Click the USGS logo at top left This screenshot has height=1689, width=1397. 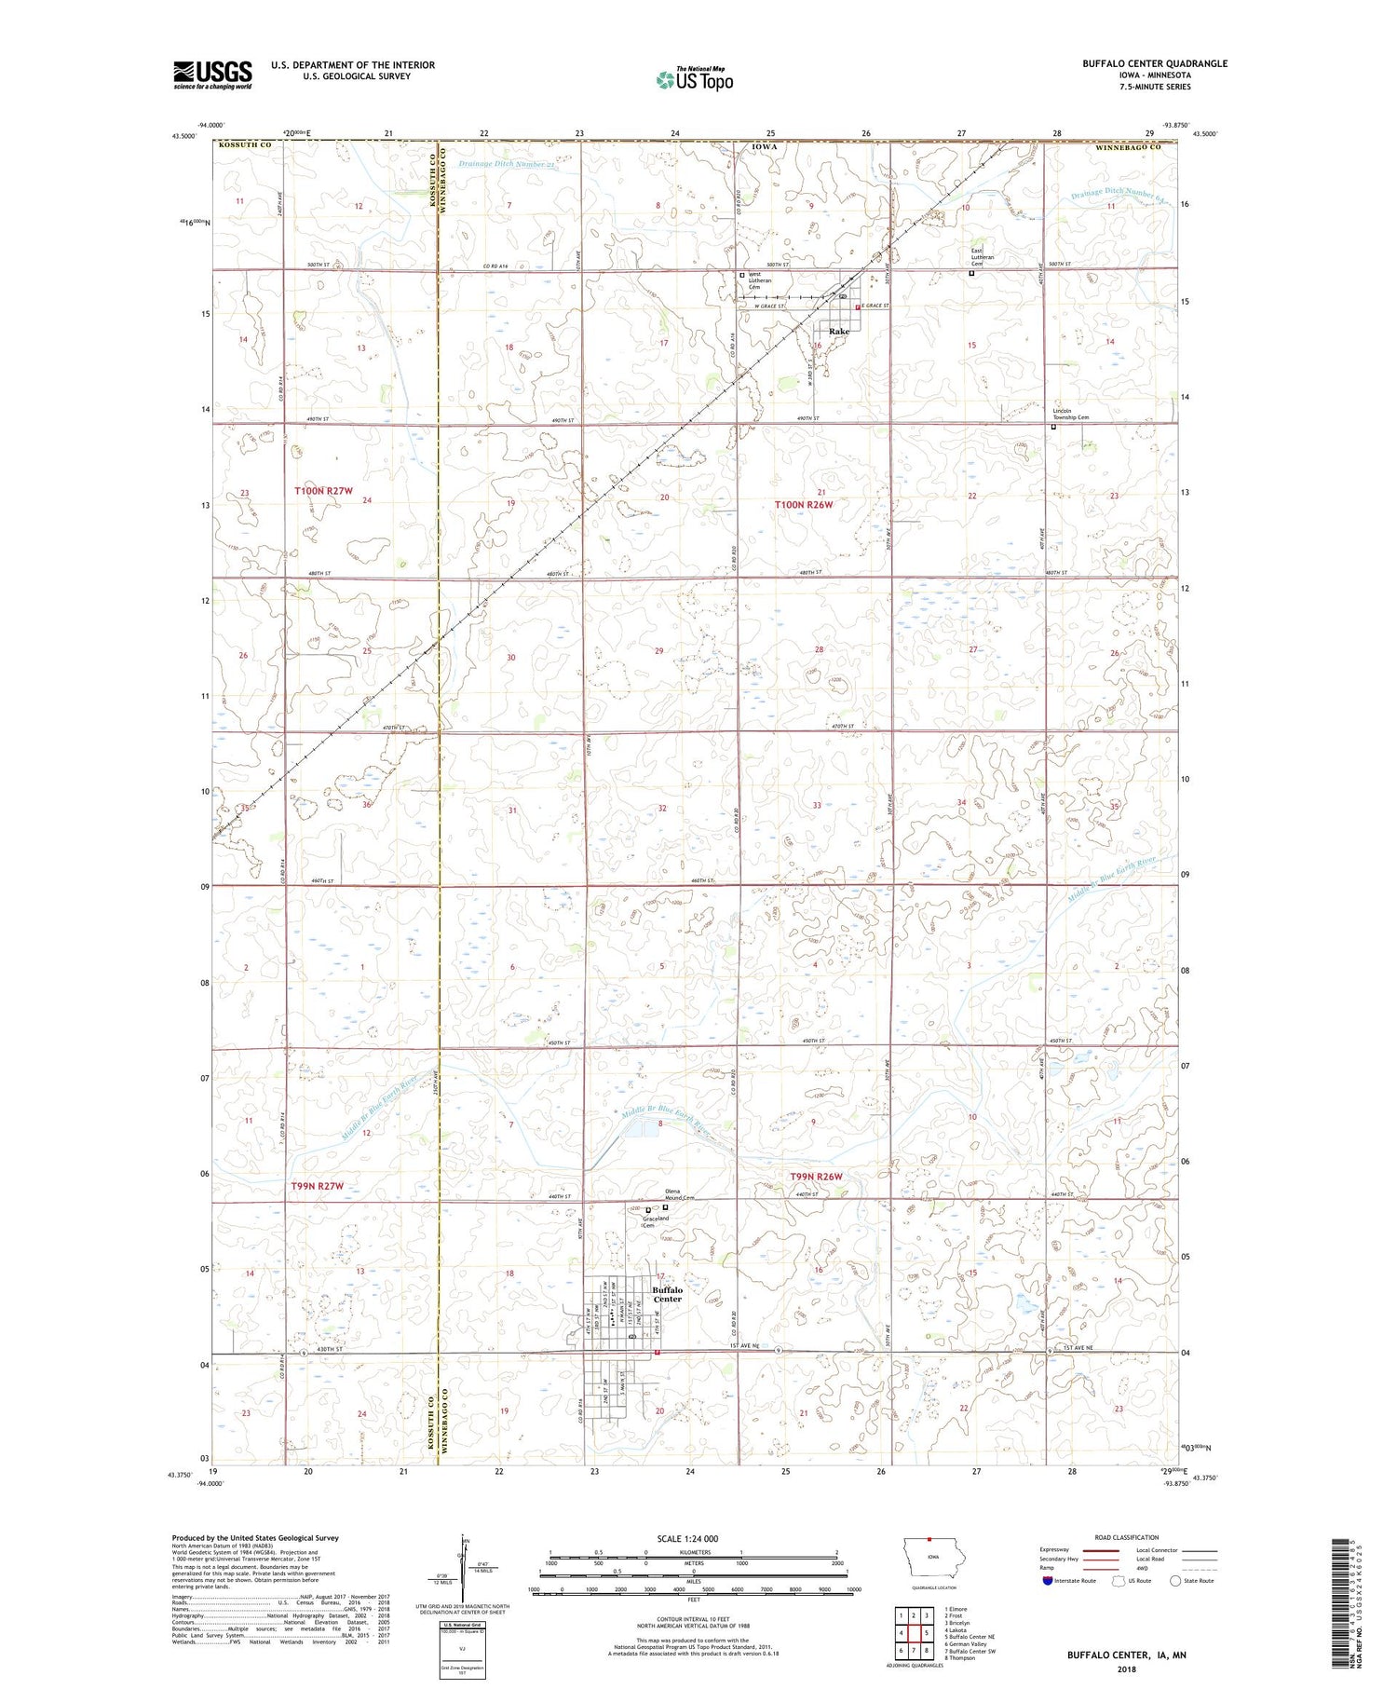click(x=212, y=75)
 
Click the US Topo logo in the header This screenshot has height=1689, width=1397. click(x=695, y=79)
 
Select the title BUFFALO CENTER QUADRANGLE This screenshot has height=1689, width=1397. click(x=1154, y=64)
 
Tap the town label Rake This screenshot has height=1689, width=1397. click(x=839, y=332)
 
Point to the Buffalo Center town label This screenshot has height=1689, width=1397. click(x=667, y=1294)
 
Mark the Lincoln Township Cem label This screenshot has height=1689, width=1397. click(x=1070, y=415)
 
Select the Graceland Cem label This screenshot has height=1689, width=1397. click(x=656, y=1221)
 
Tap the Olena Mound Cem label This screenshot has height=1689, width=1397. click(x=680, y=1194)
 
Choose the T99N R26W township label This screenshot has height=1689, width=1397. click(x=816, y=1177)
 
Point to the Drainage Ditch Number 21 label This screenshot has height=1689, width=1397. click(x=507, y=165)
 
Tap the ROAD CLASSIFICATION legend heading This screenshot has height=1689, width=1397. click(x=1127, y=1537)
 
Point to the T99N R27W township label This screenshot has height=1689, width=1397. click(x=318, y=1186)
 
